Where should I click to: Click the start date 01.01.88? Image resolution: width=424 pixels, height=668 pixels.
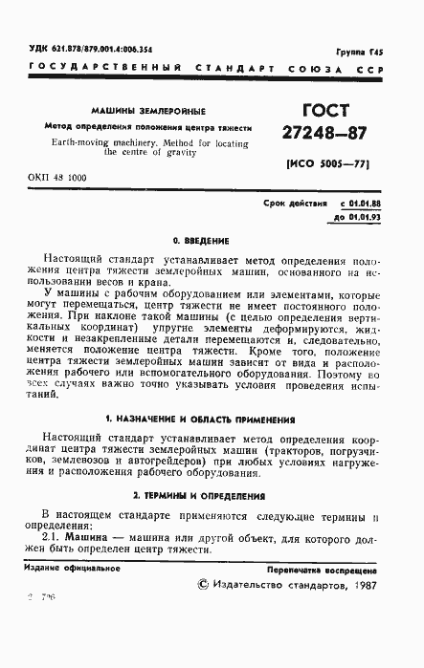click(360, 204)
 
